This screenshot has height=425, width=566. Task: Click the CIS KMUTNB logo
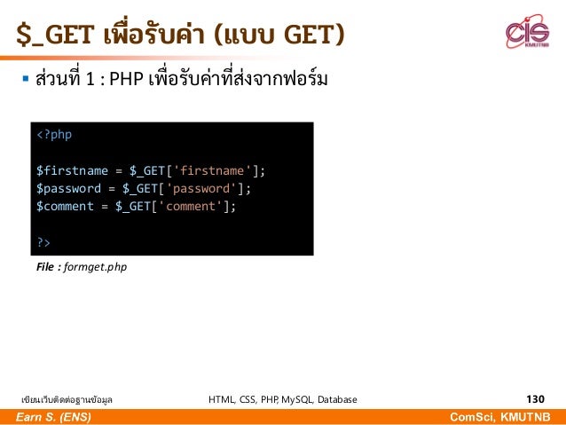(x=527, y=35)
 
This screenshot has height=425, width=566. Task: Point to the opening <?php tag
(x=54, y=135)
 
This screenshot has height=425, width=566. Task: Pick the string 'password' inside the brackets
(x=204, y=188)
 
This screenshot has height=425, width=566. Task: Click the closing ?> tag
(x=43, y=241)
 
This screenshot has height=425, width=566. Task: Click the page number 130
(x=535, y=399)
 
